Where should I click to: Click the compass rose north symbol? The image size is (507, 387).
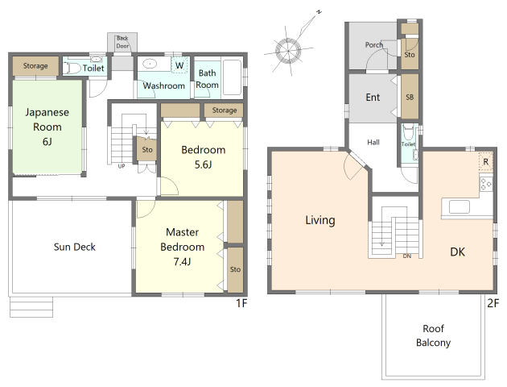pyautogui.click(x=288, y=51)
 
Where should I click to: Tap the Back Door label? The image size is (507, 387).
pyautogui.click(x=122, y=42)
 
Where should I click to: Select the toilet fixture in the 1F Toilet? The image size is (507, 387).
pyautogui.click(x=72, y=68)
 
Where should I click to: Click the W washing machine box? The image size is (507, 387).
pyautogui.click(x=179, y=65)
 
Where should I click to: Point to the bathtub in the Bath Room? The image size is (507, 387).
pyautogui.click(x=232, y=77)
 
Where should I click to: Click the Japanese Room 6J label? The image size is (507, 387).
pyautogui.click(x=47, y=127)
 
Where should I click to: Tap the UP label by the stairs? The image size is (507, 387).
pyautogui.click(x=122, y=166)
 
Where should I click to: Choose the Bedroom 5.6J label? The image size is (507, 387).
pyautogui.click(x=204, y=157)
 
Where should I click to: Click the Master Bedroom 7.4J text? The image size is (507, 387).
pyautogui.click(x=183, y=247)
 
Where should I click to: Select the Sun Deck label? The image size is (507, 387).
pyautogui.click(x=75, y=247)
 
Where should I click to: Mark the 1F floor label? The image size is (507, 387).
pyautogui.click(x=241, y=303)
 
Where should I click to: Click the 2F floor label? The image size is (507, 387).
pyautogui.click(x=493, y=303)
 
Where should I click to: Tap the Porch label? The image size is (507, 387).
pyautogui.click(x=374, y=45)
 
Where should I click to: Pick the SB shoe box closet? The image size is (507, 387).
pyautogui.click(x=410, y=97)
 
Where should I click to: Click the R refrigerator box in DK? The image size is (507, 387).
pyautogui.click(x=485, y=161)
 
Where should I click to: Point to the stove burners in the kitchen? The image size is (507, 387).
pyautogui.click(x=486, y=184)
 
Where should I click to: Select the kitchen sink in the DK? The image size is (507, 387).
pyautogui.click(x=460, y=206)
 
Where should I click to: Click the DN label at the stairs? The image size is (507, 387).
pyautogui.click(x=406, y=256)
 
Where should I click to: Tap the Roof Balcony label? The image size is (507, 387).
pyautogui.click(x=433, y=335)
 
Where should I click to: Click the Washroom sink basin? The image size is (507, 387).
pyautogui.click(x=150, y=64)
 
